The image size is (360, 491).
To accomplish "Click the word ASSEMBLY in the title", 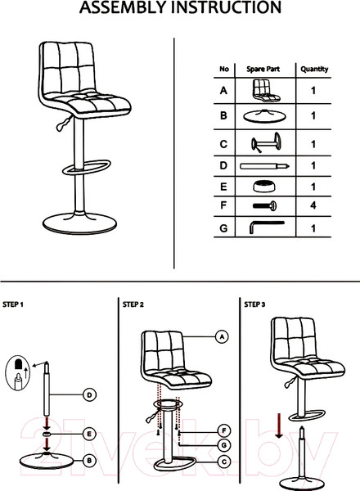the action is (x=123, y=7).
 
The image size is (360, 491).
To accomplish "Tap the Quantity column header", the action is (x=314, y=70).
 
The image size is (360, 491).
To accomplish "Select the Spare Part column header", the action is (x=263, y=69).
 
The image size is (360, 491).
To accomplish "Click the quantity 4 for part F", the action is (x=313, y=205).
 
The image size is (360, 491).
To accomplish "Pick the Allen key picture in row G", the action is (x=267, y=227).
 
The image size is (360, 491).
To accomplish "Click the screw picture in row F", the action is (x=264, y=205).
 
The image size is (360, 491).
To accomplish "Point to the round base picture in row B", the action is (x=264, y=116).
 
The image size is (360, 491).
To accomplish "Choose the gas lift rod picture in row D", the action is (x=264, y=166).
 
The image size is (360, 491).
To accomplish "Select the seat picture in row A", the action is (x=266, y=91).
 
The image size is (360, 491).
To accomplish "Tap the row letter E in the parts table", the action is (x=223, y=187).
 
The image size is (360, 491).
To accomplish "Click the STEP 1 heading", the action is (x=13, y=304).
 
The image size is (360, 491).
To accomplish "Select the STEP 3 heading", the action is (x=254, y=304).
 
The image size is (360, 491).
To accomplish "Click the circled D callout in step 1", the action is (x=89, y=395).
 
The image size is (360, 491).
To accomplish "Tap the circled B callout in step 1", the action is (x=89, y=461).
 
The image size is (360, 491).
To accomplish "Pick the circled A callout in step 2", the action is (x=222, y=337).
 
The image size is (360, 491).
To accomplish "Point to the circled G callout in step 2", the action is (x=224, y=445).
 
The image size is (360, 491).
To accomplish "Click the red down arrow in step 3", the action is (x=279, y=426).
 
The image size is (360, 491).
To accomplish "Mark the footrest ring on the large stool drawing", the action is (x=87, y=167).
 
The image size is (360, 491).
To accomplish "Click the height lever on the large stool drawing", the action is (x=64, y=123).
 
